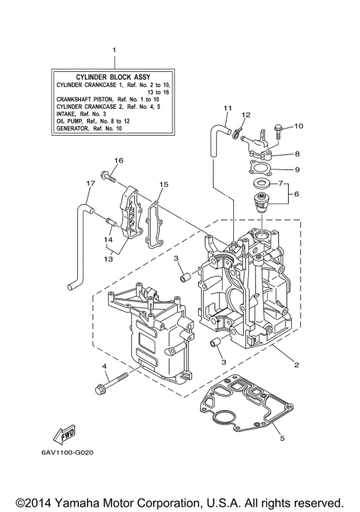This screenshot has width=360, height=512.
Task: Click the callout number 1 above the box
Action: coord(114,50)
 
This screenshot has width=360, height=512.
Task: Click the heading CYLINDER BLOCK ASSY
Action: coord(114,77)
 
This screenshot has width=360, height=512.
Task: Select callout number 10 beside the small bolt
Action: coord(298,126)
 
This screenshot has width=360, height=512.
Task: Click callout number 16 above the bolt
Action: coord(118,160)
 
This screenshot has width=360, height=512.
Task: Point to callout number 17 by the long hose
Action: coord(89,183)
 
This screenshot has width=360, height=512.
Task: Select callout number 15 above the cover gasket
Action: coord(163,184)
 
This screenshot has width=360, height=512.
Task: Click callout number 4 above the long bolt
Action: coord(104,367)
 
